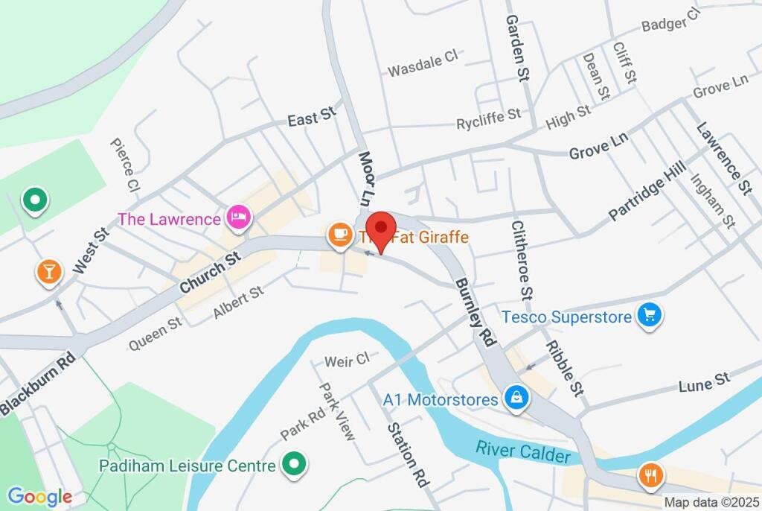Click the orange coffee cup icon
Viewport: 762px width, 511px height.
[341, 235]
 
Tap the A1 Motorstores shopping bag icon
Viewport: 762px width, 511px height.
[515, 399]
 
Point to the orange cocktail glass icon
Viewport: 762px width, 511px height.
[49, 271]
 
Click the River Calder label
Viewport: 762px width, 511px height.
[524, 451]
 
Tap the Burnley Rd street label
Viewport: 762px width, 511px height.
[476, 314]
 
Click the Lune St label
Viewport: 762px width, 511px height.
[704, 384]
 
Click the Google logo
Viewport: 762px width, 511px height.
[39, 497]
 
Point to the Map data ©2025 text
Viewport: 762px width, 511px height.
[711, 503]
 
